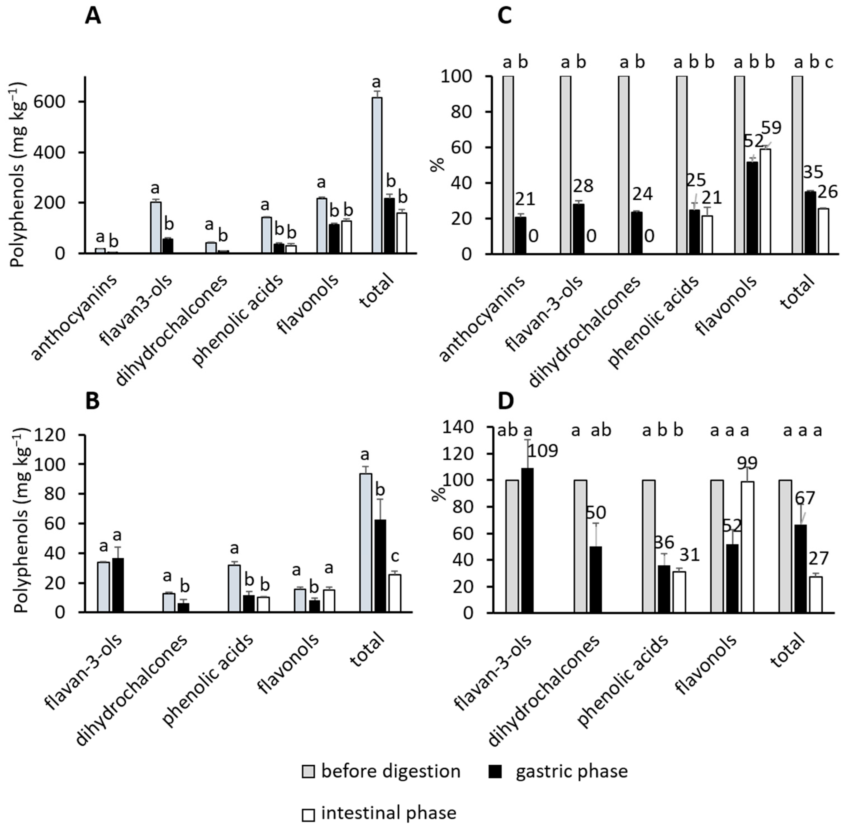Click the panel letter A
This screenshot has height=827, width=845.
point(93,16)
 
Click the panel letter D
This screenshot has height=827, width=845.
point(505,401)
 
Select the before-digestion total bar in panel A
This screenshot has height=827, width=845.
point(377,175)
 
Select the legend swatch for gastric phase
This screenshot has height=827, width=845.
point(495,771)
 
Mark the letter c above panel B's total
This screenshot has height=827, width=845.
point(395,556)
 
